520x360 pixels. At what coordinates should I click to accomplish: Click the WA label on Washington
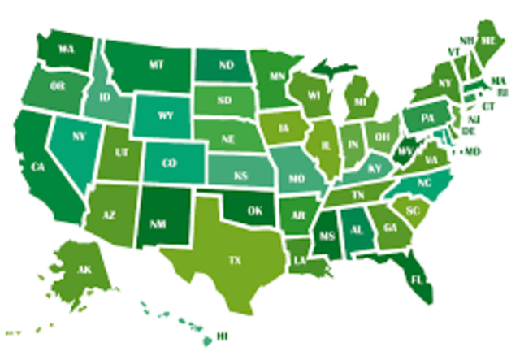click(67, 47)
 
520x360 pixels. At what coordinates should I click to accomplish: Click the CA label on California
click(37, 167)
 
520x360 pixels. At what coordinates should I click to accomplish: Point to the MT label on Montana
click(158, 63)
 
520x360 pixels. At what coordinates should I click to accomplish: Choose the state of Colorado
click(169, 163)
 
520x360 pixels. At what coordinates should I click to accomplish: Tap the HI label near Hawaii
click(220, 335)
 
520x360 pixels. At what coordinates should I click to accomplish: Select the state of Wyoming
click(165, 115)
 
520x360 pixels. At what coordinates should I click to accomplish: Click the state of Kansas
click(240, 175)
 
